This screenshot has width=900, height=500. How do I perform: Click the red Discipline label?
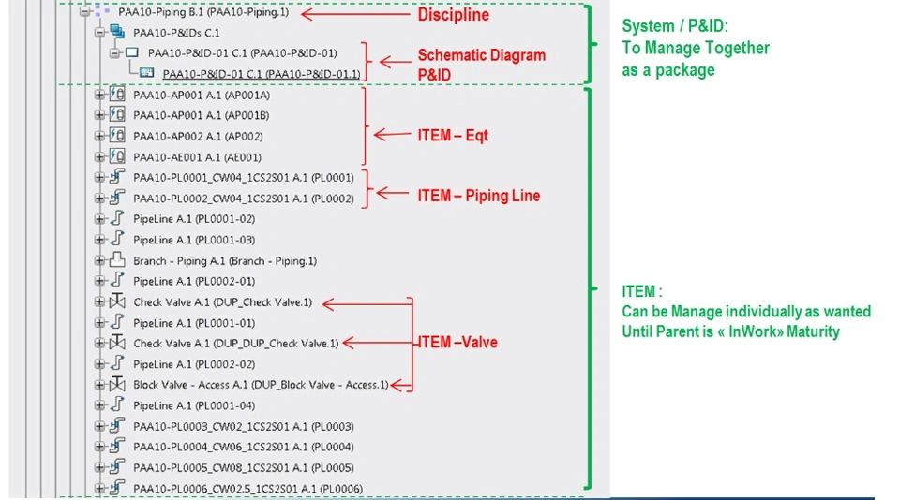(x=453, y=15)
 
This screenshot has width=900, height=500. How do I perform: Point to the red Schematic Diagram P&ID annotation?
(x=481, y=64)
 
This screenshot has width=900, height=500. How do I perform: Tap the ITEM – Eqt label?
(x=453, y=136)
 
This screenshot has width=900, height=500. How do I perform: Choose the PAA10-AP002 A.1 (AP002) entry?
(x=197, y=137)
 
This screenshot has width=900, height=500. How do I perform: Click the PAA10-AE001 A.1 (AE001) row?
(x=197, y=157)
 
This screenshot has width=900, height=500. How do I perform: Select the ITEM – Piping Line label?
(x=478, y=196)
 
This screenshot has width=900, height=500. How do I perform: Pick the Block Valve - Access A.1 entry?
(x=260, y=385)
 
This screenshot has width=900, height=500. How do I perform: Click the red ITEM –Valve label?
(x=457, y=343)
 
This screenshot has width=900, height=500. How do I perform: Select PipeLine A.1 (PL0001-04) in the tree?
(x=193, y=405)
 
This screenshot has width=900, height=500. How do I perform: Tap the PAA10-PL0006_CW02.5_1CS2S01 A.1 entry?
(x=247, y=488)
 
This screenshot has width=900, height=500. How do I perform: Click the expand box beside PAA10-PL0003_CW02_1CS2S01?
(x=99, y=426)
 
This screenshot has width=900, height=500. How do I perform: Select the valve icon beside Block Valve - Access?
(x=117, y=385)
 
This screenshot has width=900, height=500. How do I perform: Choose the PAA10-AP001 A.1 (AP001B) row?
(x=201, y=115)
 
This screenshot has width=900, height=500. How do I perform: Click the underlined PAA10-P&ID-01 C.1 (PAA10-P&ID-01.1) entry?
(x=262, y=74)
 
